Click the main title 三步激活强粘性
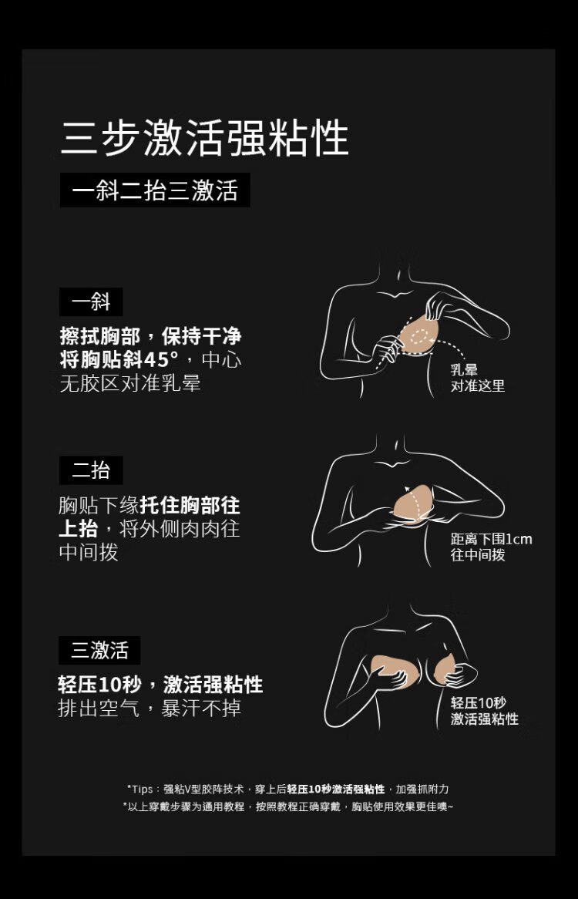click(x=204, y=137)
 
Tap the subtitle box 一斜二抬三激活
click(x=155, y=190)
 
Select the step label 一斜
click(x=91, y=301)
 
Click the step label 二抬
click(x=91, y=470)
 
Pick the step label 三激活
click(x=99, y=650)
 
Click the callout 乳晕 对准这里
click(x=477, y=378)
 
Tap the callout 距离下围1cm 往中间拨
click(x=491, y=547)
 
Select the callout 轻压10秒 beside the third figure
click(x=479, y=703)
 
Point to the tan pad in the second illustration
click(x=414, y=503)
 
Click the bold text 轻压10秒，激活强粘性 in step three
click(x=160, y=684)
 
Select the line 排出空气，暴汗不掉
click(x=150, y=708)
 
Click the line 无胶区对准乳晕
click(x=130, y=383)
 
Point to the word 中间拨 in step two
click(x=88, y=551)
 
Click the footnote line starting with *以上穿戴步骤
click(x=288, y=806)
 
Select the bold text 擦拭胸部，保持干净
click(x=150, y=336)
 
